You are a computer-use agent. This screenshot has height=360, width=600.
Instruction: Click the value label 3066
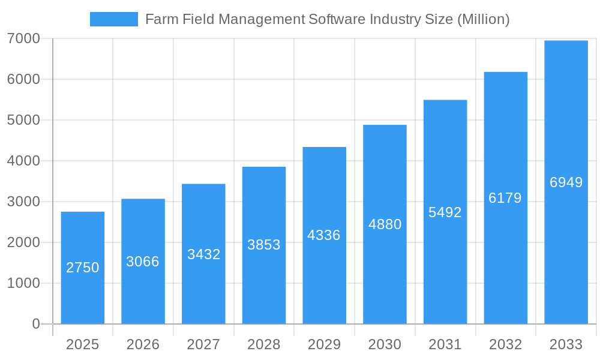point(143,262)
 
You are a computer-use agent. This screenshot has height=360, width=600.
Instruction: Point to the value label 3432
point(203,254)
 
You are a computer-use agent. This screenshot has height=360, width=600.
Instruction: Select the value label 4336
point(324,235)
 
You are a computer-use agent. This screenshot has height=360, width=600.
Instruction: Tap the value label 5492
point(445,212)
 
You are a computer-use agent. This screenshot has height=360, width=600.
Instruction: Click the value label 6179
point(505,198)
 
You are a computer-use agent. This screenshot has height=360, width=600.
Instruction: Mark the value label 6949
point(566,182)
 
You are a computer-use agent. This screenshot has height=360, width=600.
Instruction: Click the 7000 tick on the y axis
point(23,38)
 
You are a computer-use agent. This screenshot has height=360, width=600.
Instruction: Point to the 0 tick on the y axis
point(35,324)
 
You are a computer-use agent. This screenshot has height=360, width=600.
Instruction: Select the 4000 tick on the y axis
point(23,161)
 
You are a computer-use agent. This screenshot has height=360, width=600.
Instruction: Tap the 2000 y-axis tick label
point(23,242)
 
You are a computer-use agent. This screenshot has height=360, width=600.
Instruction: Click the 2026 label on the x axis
point(143,344)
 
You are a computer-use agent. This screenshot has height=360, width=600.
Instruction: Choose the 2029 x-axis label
point(324,344)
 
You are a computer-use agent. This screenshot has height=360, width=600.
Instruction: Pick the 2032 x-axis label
point(505,344)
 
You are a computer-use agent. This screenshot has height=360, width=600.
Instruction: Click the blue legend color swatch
point(114,19)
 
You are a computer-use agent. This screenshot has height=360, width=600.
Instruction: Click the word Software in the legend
point(336,19)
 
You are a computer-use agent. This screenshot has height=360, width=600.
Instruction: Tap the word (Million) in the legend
point(483,19)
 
